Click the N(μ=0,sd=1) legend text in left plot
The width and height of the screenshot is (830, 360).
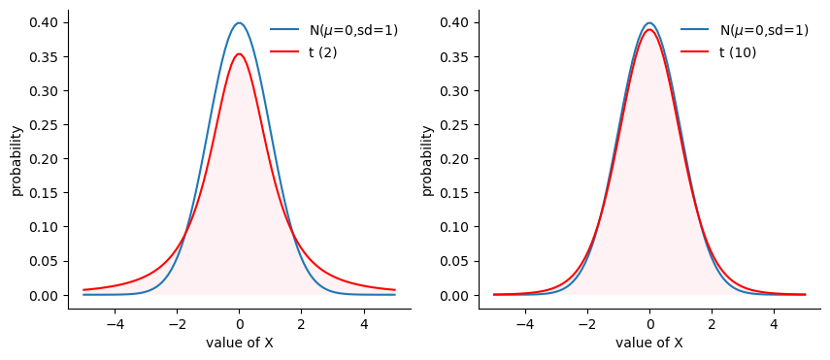[353, 31]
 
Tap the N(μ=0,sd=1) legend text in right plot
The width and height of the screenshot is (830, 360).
[764, 31]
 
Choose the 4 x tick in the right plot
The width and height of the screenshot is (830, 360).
[774, 323]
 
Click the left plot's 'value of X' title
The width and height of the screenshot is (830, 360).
[239, 344]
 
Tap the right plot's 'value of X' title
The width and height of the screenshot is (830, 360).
[649, 344]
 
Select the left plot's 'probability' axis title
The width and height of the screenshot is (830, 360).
[17, 161]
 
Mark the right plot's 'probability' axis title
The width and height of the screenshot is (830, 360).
[428, 161]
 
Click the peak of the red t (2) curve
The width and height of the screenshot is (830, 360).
[239, 54]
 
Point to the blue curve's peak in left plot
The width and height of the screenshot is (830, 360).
[239, 22]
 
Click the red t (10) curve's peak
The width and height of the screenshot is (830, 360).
[649, 30]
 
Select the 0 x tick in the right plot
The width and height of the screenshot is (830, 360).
[649, 323]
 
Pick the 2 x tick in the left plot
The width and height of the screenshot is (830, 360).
[302, 323]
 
